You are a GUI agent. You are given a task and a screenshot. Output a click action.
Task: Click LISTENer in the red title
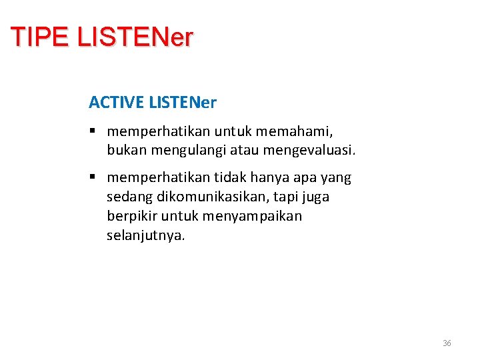click(x=135, y=37)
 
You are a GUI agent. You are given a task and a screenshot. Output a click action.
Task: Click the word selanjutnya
click(x=145, y=235)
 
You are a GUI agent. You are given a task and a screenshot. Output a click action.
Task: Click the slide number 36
click(x=447, y=343)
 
